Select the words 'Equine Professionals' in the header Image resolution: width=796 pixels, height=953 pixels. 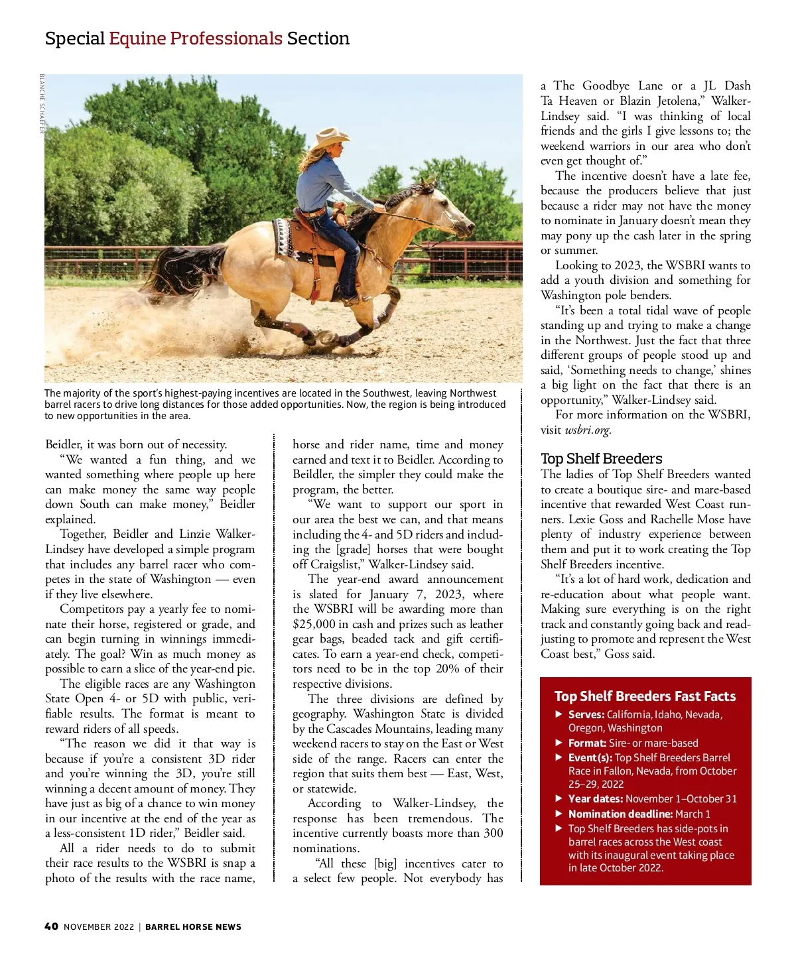click(x=196, y=38)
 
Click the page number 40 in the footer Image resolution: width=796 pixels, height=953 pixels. click(x=51, y=926)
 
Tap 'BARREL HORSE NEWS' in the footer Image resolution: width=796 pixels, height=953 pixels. click(x=193, y=926)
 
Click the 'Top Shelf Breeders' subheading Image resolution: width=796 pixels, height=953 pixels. click(x=601, y=459)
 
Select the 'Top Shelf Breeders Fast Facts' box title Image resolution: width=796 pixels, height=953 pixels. click(x=645, y=696)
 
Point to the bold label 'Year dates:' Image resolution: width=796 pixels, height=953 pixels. click(x=595, y=799)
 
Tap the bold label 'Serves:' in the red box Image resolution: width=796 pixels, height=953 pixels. click(x=586, y=715)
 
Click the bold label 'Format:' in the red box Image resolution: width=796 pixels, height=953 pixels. click(x=587, y=743)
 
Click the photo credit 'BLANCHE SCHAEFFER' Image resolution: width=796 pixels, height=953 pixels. click(x=42, y=103)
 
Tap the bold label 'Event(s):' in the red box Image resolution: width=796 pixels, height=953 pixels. click(x=590, y=758)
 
